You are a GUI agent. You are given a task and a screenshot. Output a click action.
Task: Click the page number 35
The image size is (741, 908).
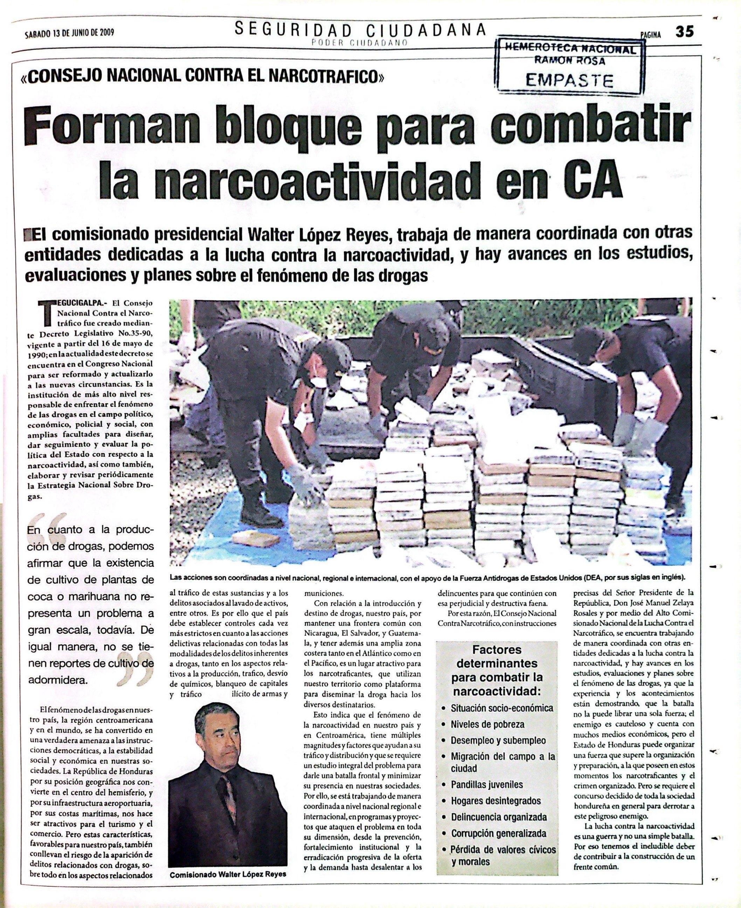pos(684,32)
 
